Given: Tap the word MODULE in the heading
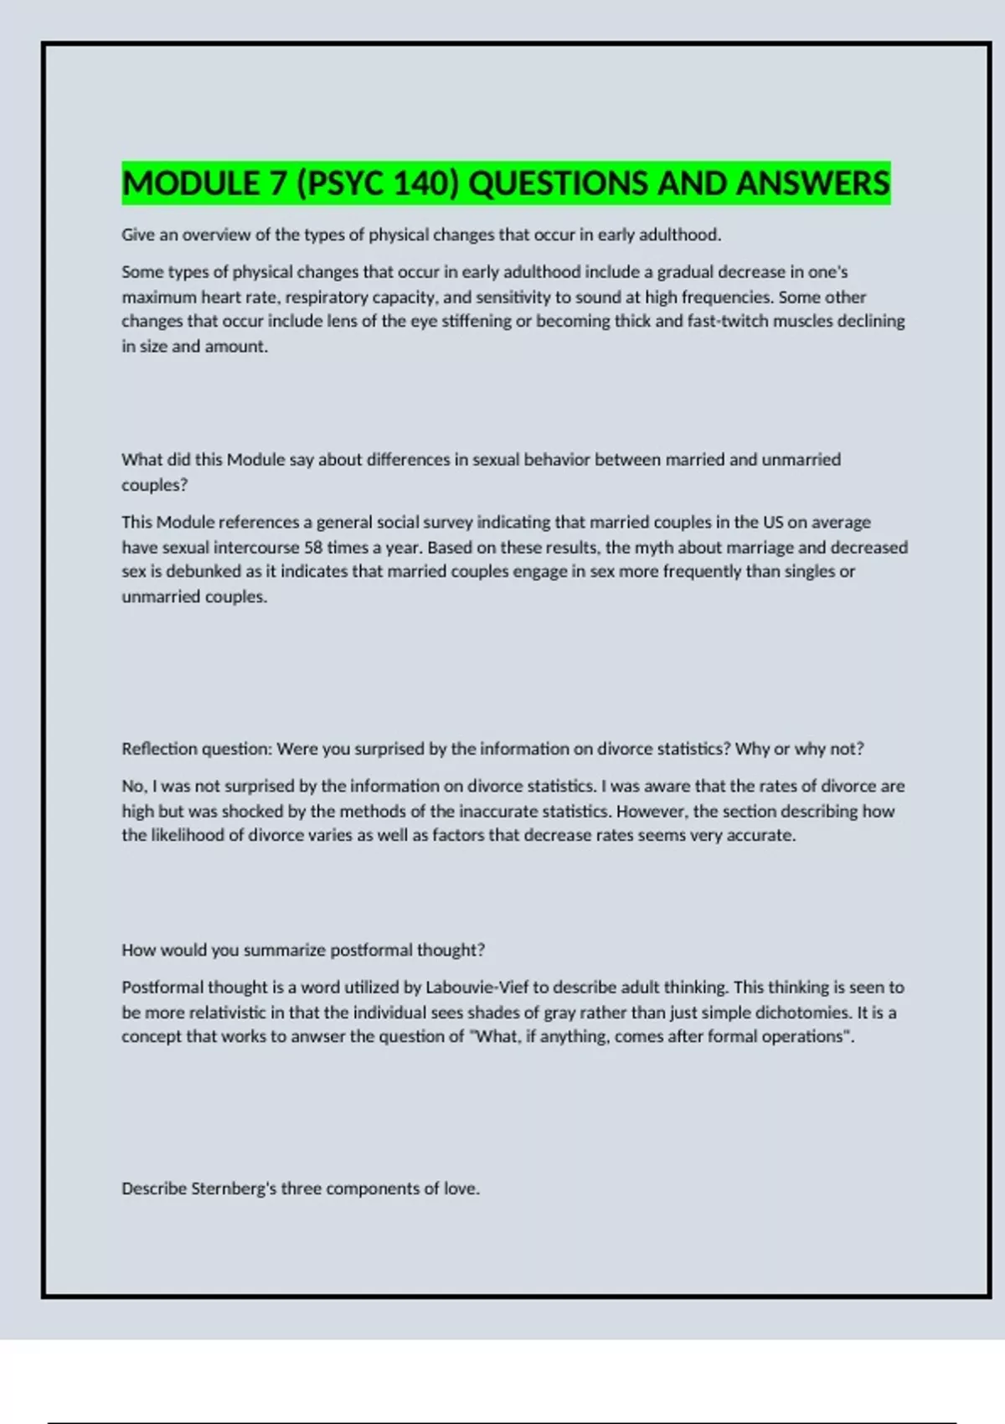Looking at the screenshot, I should [191, 183].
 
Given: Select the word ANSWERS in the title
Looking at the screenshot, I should [812, 183].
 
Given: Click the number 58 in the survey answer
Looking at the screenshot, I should [313, 548].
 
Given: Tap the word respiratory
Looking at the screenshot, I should [326, 297].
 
